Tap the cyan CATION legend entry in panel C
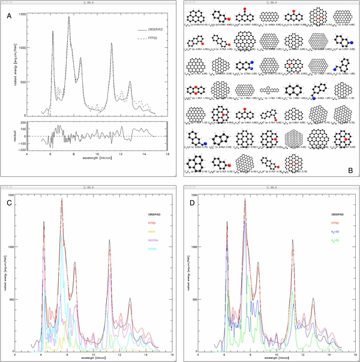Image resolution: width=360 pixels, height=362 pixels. [151, 248]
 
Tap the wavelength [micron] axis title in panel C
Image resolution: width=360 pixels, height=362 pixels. [98, 357]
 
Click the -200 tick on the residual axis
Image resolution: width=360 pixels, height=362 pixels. [23, 149]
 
